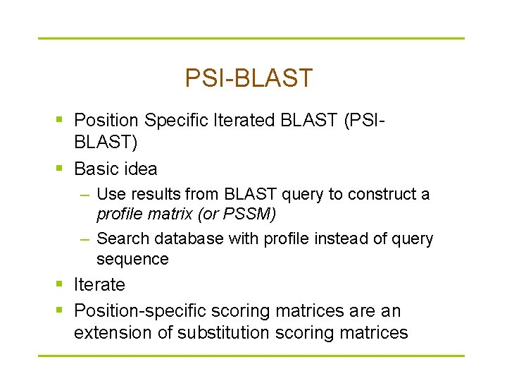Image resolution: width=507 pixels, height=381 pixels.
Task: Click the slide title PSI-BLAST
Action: tap(249, 78)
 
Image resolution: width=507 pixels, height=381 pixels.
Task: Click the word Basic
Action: tap(96, 169)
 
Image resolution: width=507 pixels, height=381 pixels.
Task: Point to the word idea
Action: tap(140, 169)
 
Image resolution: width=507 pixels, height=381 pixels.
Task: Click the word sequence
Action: tap(132, 259)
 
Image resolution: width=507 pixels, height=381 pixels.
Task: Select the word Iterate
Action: tap(99, 285)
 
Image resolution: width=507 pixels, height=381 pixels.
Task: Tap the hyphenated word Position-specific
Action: tap(141, 311)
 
